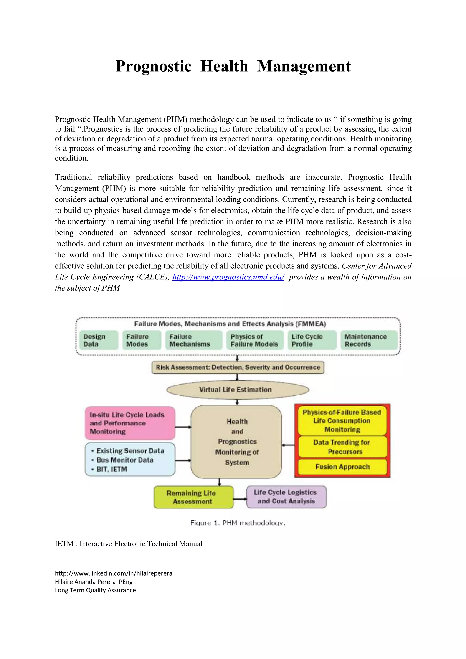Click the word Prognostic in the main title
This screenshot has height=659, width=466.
point(153,66)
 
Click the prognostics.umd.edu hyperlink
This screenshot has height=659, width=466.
point(228,277)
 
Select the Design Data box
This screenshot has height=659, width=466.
point(99,340)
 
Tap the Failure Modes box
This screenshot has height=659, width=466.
point(142,340)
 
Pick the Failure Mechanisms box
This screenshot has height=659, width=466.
point(193,340)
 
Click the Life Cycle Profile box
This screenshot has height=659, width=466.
point(312,340)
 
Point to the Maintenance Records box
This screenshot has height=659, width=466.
point(369,340)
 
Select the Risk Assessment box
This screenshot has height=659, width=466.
point(238,367)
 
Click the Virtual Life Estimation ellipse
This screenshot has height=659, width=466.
point(238,390)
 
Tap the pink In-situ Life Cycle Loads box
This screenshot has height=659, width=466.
point(130,423)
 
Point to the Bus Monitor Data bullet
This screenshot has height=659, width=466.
point(125,460)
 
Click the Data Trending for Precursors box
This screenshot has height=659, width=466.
point(342,447)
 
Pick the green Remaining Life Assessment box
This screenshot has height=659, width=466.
point(193,497)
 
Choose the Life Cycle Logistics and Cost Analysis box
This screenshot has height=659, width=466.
point(286,497)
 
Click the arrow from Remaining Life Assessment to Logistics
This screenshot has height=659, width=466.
point(240,499)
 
